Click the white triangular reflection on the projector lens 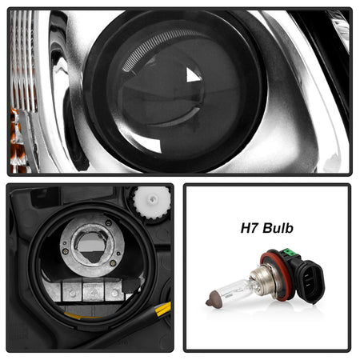[192, 76]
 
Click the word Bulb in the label [278, 228]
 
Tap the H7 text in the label [250, 228]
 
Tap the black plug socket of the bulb [310, 282]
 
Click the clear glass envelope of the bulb [234, 290]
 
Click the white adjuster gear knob [152, 202]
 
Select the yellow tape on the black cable [163, 309]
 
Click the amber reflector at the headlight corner [16, 142]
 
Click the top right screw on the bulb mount [109, 222]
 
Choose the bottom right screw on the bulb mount [113, 262]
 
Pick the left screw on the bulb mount [65, 251]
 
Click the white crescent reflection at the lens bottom [146, 143]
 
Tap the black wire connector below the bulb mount [131, 285]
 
